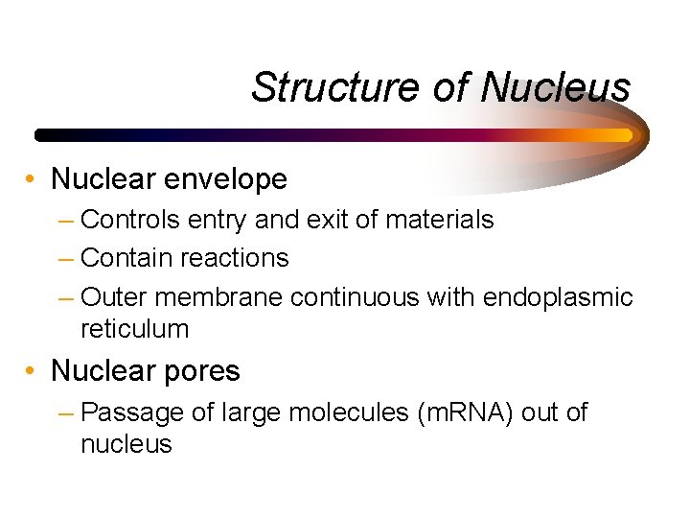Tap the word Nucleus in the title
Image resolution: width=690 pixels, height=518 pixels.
point(556,87)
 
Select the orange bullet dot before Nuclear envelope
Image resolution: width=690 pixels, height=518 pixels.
point(33,179)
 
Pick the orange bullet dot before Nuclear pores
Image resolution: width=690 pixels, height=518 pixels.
point(33,371)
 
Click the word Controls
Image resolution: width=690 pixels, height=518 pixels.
point(130,220)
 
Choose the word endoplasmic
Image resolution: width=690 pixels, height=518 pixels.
point(558,297)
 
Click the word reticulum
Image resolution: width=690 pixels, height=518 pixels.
point(135,329)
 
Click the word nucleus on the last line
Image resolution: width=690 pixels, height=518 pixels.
point(126,444)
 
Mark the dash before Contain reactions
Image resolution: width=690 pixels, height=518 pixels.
point(65,259)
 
